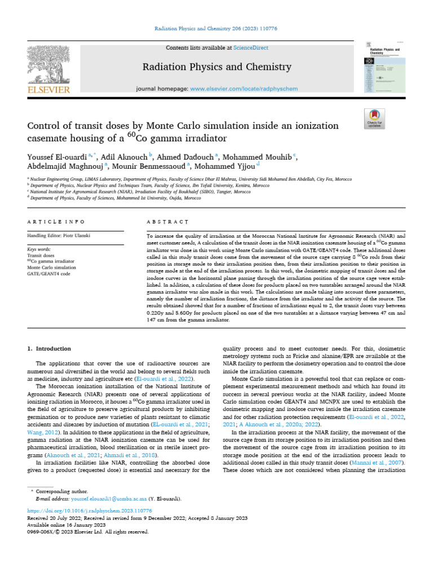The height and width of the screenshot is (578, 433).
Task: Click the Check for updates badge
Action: click(374, 117)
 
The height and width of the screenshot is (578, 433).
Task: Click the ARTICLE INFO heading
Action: click(56, 222)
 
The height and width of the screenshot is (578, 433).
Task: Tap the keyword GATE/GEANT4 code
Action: click(49, 274)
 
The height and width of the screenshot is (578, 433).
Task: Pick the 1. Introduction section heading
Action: click(50, 349)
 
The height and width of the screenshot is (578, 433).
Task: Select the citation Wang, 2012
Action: click(41, 432)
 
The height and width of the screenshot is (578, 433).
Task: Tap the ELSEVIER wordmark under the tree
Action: click(49, 90)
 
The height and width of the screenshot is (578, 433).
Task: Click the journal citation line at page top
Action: click(216, 28)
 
